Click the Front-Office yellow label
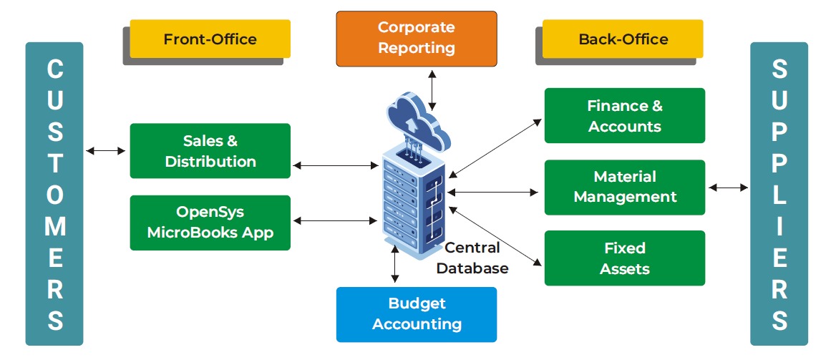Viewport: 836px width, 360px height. tap(210, 39)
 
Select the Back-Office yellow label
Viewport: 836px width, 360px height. tap(623, 39)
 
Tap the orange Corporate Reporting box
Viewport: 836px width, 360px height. tap(417, 38)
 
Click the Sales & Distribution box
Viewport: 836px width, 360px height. tap(210, 151)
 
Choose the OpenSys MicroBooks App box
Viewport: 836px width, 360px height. tap(210, 223)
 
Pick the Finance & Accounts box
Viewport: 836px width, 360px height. tap(625, 116)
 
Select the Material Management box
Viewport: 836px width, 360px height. tap(625, 187)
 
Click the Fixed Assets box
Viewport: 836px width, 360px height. tap(625, 258)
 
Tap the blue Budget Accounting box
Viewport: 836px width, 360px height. tap(417, 314)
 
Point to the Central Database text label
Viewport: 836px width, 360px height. tap(472, 258)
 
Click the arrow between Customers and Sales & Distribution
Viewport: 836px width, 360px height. tap(105, 151)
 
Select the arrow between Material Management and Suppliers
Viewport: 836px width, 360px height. tap(728, 188)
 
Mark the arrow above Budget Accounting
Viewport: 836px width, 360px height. tap(394, 266)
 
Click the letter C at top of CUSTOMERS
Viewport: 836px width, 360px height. tap(54, 69)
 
